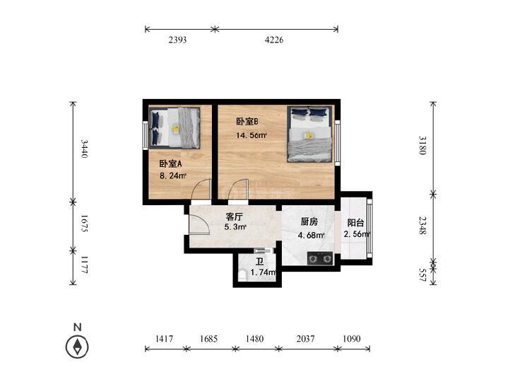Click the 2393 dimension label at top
(x=177, y=40)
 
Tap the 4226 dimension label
(x=274, y=40)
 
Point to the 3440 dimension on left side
(x=84, y=149)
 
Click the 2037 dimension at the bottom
(x=305, y=339)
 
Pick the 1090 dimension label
(x=351, y=339)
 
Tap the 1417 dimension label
(x=164, y=339)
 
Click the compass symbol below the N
(x=77, y=347)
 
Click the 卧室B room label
(x=247, y=122)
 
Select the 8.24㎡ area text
(x=173, y=176)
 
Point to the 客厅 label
(x=234, y=216)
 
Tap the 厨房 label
(x=309, y=222)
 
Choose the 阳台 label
(x=356, y=223)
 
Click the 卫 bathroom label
(x=260, y=262)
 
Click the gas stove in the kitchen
(x=320, y=259)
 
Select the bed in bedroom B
(x=309, y=134)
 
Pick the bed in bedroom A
(x=174, y=128)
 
